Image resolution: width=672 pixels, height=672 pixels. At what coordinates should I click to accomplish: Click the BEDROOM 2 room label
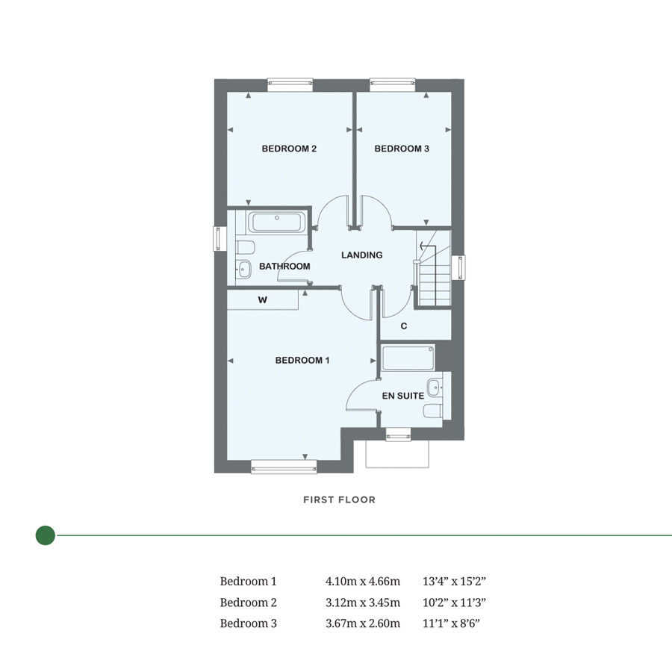point(289,149)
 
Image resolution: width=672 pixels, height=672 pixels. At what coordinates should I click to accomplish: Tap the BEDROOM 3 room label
point(402,149)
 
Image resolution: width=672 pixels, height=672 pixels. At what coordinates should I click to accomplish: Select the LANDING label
point(361,255)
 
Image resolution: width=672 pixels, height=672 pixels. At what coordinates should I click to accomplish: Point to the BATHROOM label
point(284,267)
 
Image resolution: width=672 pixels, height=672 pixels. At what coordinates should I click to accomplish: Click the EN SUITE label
point(403,396)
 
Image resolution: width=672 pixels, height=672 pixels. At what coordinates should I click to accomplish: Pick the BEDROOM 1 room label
point(302,361)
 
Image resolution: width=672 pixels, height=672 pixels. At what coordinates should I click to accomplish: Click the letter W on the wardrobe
point(263,300)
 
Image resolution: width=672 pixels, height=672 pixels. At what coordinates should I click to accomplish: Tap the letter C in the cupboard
point(404,326)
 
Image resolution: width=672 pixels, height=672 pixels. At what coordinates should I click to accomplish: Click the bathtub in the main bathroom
point(276,221)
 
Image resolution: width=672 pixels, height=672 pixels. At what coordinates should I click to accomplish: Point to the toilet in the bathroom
point(245,247)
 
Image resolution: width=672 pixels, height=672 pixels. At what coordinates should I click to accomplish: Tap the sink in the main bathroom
point(244,270)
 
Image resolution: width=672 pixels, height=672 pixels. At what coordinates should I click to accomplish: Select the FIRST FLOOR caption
point(339,500)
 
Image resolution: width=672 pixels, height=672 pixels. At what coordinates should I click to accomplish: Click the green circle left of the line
point(46,535)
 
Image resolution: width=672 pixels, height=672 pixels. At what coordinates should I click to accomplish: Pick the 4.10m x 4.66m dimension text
point(363,581)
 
